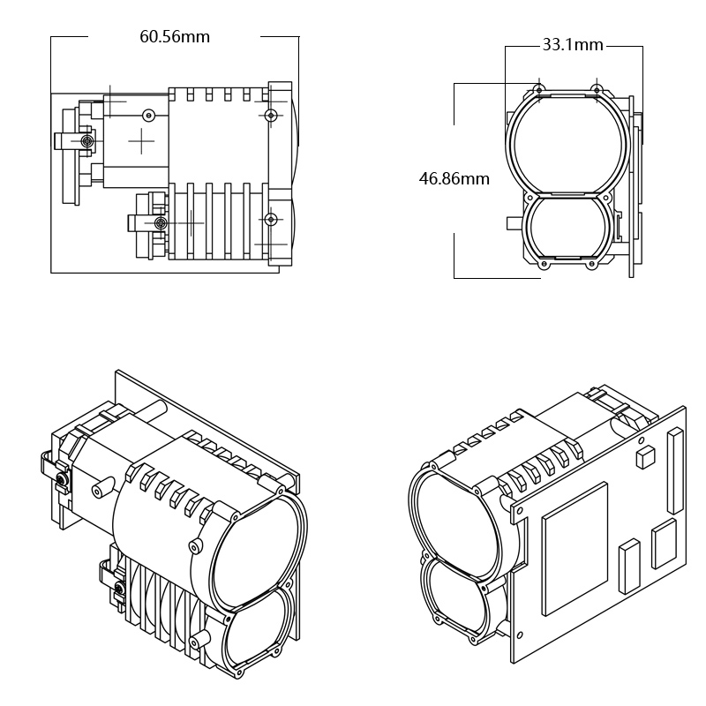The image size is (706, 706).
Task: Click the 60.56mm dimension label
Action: [175, 37]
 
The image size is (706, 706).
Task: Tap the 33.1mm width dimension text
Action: [572, 45]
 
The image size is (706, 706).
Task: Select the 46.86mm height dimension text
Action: [454, 179]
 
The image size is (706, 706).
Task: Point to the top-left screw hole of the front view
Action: [538, 89]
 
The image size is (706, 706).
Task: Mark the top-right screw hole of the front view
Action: [597, 89]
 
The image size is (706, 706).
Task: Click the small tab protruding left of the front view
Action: [514, 223]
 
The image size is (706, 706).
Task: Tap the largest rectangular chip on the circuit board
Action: [575, 548]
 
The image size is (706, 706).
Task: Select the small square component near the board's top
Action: [645, 455]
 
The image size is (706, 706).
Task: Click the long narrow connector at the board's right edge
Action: [676, 471]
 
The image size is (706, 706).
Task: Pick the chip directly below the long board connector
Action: [664, 544]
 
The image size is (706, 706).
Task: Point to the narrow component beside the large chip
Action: [628, 566]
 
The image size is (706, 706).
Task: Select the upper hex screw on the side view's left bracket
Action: [86, 141]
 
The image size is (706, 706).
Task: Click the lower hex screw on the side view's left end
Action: [159, 222]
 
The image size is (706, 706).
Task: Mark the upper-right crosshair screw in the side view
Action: [271, 116]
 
